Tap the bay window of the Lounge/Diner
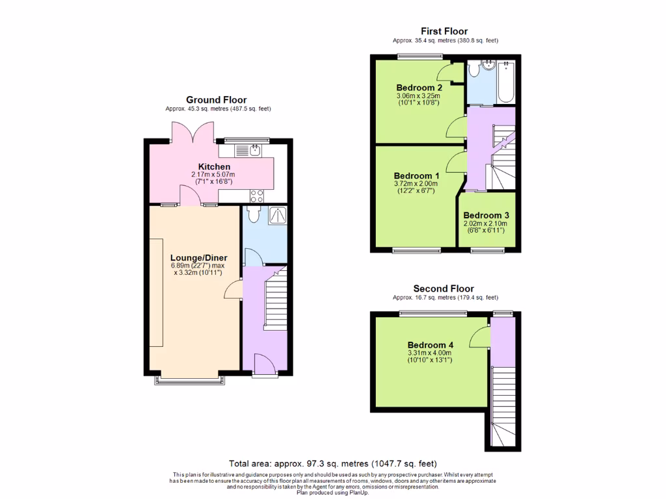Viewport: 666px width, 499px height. point(191,379)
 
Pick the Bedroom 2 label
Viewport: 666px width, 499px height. point(419,88)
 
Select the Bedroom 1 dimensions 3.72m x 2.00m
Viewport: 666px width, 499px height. point(417,184)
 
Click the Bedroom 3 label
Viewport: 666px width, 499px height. point(486,216)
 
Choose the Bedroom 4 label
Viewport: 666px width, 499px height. point(430,345)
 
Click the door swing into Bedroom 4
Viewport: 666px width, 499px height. point(480,337)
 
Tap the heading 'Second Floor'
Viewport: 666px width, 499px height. point(444,288)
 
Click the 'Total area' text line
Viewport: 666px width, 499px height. point(332,464)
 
